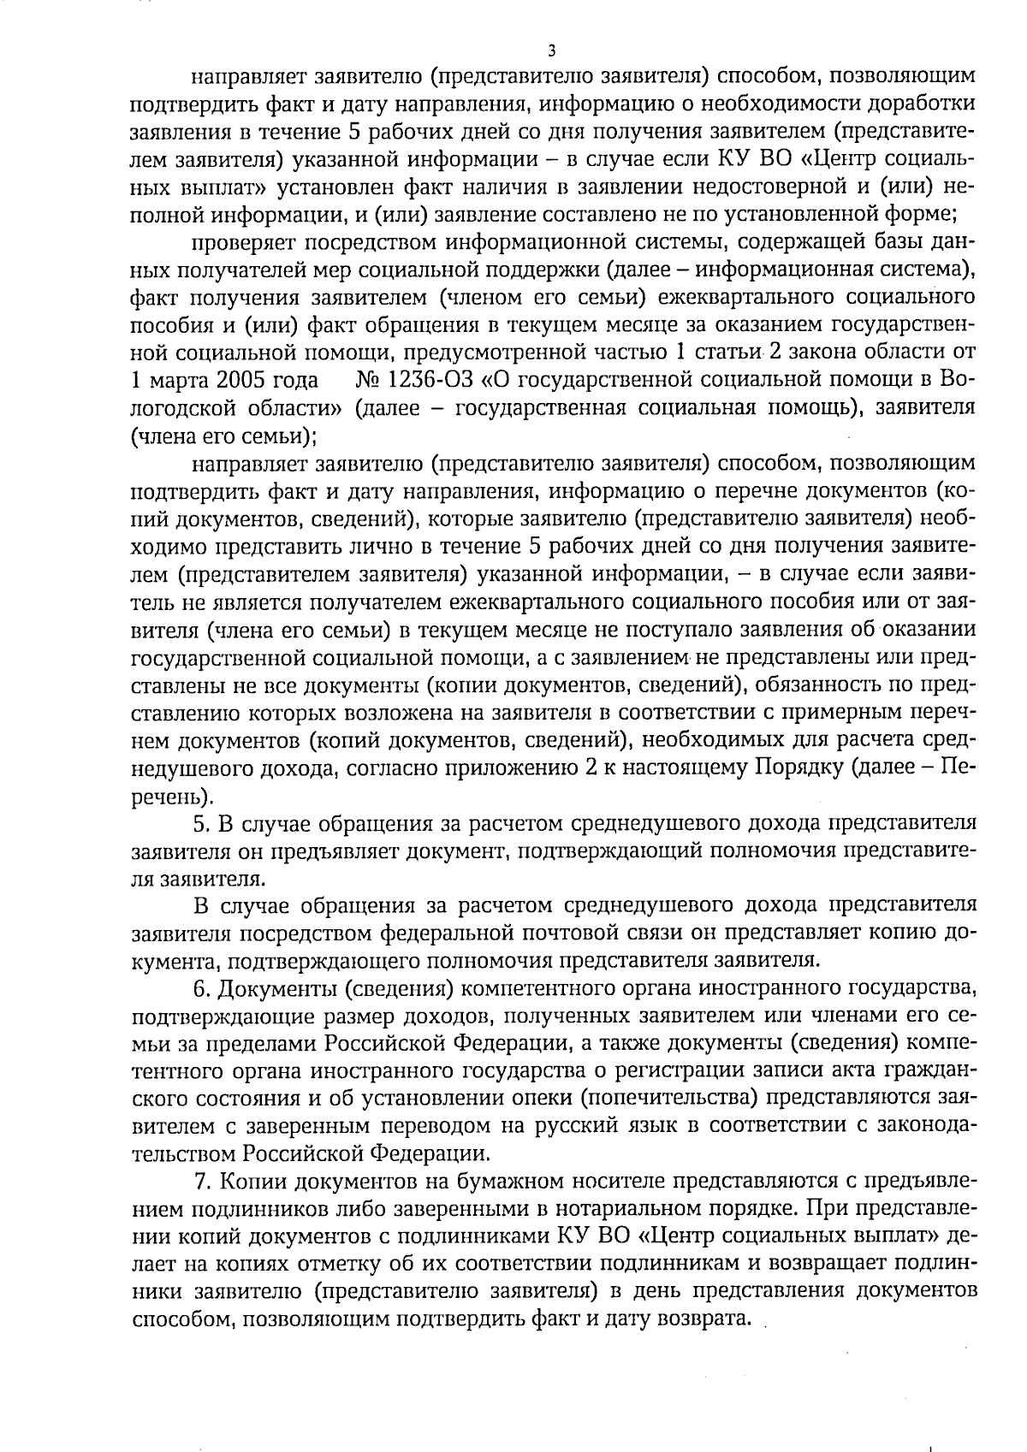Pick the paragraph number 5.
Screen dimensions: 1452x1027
[201, 824]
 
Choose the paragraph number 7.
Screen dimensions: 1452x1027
[201, 1182]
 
